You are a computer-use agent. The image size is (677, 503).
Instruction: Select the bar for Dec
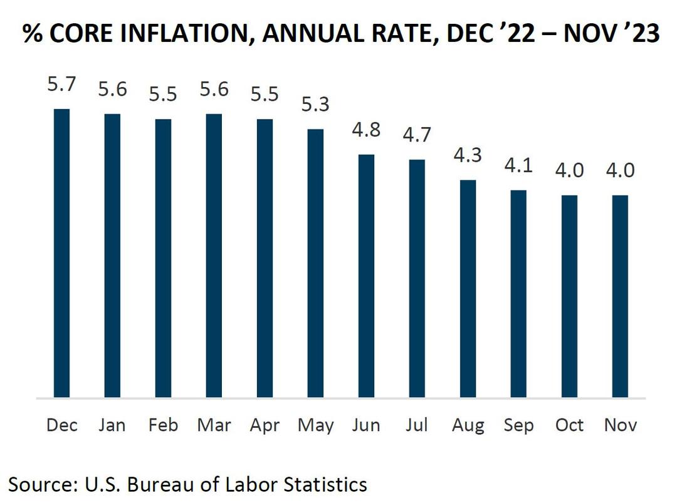[61, 253]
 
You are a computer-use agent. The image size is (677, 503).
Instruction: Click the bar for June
[366, 276]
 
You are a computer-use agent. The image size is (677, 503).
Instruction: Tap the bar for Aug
[468, 289]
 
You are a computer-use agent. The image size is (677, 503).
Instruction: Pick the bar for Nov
[620, 296]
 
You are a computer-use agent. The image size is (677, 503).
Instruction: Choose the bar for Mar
[214, 256]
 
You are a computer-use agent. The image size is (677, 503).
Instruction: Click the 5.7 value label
[61, 84]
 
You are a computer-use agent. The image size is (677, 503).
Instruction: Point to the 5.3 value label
[315, 104]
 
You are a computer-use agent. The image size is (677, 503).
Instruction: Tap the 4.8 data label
[366, 130]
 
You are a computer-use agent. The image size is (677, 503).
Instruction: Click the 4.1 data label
[518, 165]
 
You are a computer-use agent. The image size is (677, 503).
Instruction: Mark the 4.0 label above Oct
[569, 170]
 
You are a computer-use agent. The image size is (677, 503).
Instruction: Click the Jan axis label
[112, 425]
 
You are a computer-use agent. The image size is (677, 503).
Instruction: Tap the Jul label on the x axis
[417, 425]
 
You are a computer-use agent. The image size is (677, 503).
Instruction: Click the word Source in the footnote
[39, 484]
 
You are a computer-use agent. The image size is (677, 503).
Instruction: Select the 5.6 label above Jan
[112, 89]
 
